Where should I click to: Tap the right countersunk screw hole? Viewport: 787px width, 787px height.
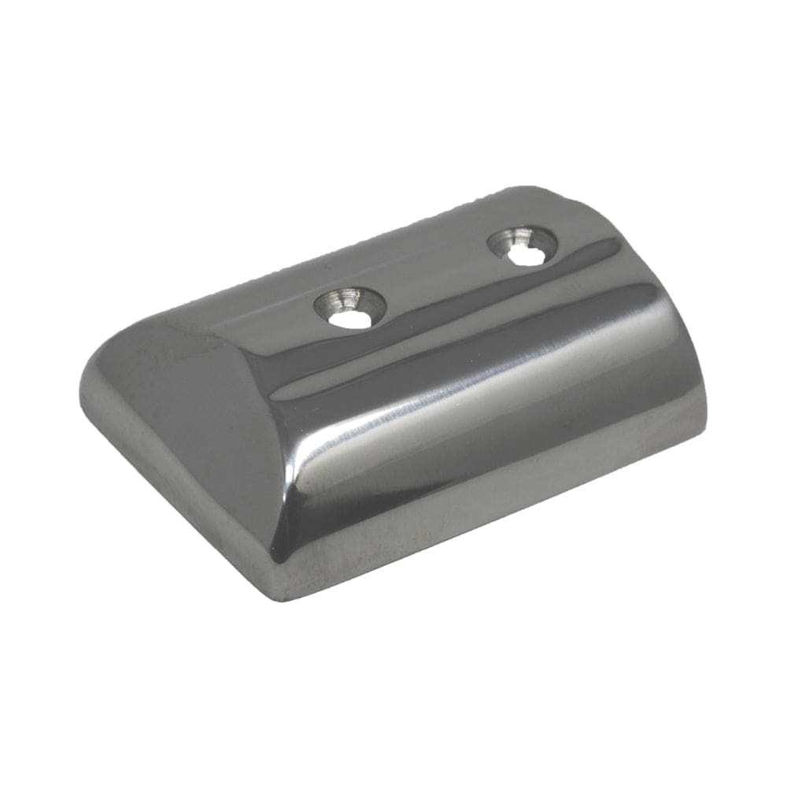(522, 246)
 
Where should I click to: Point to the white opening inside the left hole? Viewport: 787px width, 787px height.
(348, 319)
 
